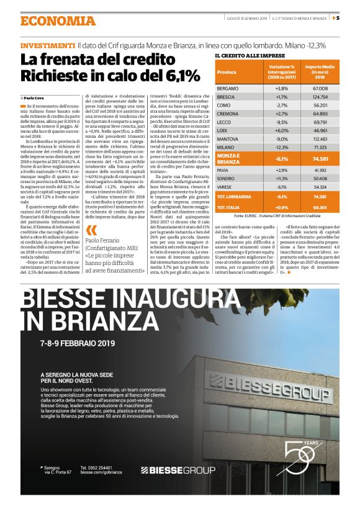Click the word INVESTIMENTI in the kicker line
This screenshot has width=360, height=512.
pos(48,47)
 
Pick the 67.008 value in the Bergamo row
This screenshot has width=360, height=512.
pos(320,88)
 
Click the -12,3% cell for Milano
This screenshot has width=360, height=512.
pos(281,146)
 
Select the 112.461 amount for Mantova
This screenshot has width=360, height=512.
pos(320,138)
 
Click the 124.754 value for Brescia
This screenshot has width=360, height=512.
pos(320,97)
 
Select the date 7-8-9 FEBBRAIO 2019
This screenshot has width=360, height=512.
pos(78,343)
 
